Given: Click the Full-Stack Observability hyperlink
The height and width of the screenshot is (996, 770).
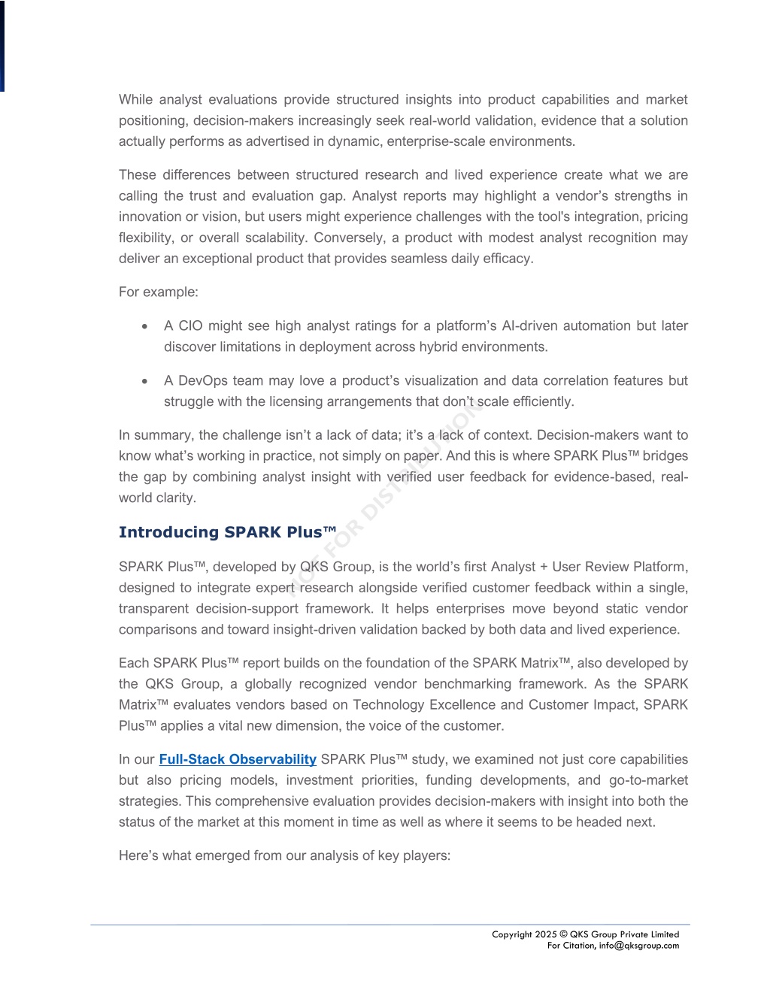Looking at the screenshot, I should tap(237, 759).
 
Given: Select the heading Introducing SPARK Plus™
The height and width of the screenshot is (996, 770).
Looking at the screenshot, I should tap(227, 532).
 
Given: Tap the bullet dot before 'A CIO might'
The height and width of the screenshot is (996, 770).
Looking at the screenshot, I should tap(144, 326).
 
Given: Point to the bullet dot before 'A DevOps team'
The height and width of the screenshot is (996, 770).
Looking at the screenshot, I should tap(144, 381).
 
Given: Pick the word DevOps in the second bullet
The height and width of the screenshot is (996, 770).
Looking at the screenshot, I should tap(202, 380).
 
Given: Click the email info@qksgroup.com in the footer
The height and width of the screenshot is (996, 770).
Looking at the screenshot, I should tap(638, 946).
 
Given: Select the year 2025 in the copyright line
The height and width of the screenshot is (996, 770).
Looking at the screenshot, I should tap(546, 934).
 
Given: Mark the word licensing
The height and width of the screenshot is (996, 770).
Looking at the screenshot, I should tap(296, 401).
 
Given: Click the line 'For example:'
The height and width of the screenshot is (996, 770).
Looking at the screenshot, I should tap(158, 292).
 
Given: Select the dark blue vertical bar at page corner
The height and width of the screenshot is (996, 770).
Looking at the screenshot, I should tap(2, 45).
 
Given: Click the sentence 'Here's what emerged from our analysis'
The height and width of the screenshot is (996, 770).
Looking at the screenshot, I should tap(284, 855).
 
